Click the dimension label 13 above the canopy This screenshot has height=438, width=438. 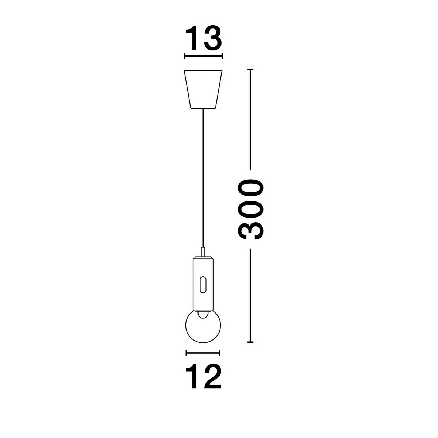pos(203,38)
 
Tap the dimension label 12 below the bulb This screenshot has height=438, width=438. pos(203,377)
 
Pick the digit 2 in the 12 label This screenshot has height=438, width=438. pos(212,377)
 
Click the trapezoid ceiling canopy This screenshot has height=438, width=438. pos(203,89)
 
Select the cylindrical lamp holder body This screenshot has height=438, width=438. pos(203,281)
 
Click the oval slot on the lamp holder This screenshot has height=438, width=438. pos(203,284)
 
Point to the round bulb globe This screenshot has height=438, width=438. pos(203,327)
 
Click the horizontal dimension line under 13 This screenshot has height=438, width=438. pos(203,56)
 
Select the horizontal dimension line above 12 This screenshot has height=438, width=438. pos(203,353)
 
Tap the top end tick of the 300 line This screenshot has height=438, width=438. pos(250,69)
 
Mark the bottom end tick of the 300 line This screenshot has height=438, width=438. pos(250,342)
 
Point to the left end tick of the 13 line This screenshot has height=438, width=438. pos(185,56)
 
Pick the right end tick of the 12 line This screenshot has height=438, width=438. pos(219,353)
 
